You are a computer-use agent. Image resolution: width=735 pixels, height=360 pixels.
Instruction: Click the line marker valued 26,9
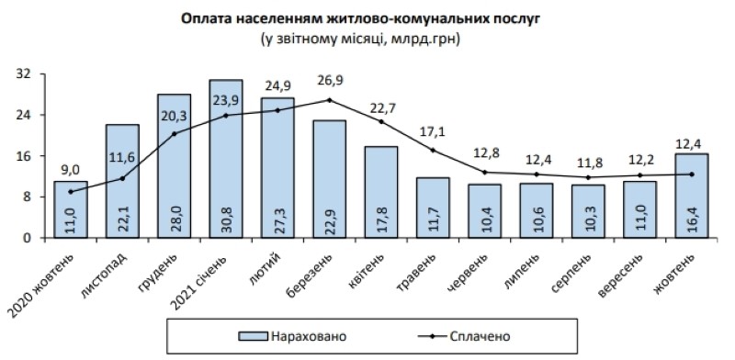tap(329, 99)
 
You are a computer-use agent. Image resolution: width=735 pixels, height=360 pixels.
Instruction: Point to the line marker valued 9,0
tap(70, 191)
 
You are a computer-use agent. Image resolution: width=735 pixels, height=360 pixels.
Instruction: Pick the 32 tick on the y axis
tap(27, 74)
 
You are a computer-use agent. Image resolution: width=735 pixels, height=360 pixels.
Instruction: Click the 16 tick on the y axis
tap(27, 156)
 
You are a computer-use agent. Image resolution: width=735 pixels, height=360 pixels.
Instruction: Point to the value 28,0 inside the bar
tap(174, 219)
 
